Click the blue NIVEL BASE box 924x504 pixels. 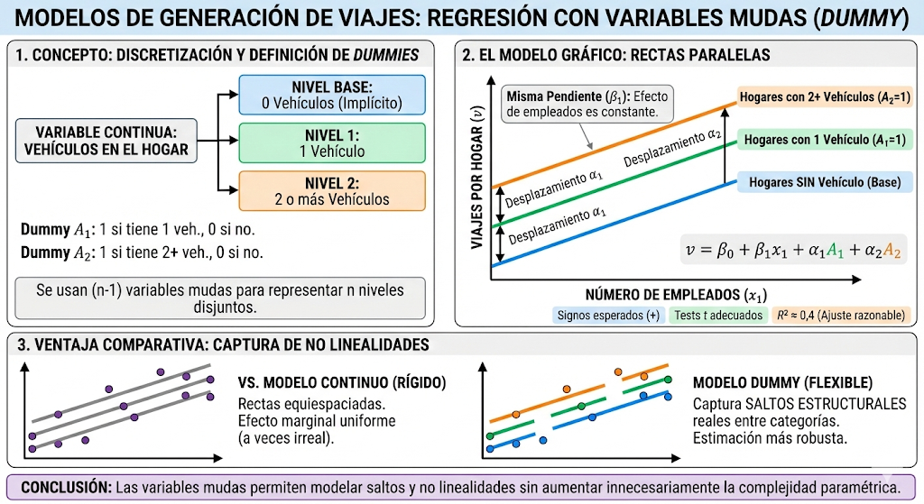tap(332, 95)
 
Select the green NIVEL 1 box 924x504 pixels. tap(332, 143)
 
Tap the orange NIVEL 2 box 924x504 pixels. tap(332, 191)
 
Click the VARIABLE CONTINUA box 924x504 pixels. tap(106, 141)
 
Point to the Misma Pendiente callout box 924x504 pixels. tap(587, 105)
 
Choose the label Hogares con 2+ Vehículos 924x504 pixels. tap(825, 97)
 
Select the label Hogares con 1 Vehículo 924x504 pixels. tap(825, 140)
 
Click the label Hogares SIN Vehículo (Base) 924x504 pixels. tap(825, 182)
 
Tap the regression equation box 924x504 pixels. tap(793, 250)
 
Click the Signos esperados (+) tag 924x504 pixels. tap(608, 316)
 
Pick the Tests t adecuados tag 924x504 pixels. tap(718, 316)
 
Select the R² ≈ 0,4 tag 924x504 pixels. tap(841, 316)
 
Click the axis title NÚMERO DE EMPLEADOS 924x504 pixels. tap(676, 295)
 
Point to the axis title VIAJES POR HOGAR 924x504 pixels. tap(477, 178)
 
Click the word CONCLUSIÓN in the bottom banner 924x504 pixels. tap(66, 488)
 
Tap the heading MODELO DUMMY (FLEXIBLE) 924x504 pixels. tap(782, 382)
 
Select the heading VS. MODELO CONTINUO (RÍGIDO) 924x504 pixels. tap(342, 382)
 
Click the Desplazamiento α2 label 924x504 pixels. tap(671, 148)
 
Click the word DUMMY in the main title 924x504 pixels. tap(861, 18)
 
